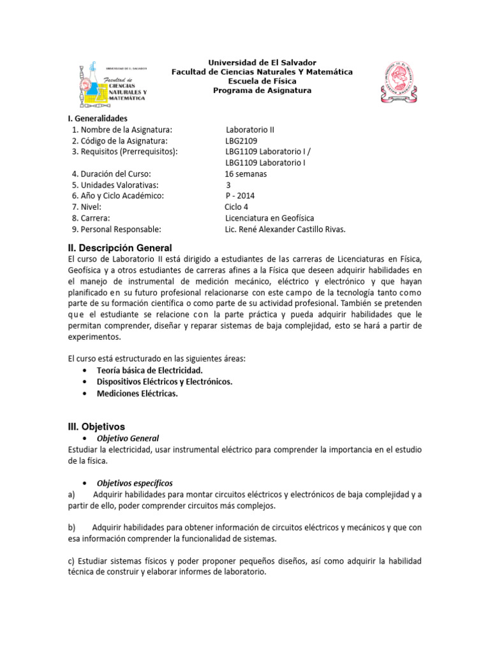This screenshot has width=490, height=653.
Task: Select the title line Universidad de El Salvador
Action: click(262, 62)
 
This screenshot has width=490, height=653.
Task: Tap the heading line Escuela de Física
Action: click(262, 81)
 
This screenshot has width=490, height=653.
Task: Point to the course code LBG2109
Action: click(241, 140)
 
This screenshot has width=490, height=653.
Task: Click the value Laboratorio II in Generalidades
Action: click(250, 129)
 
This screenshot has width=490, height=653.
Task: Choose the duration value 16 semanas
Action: click(246, 173)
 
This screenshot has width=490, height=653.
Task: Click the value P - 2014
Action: click(240, 196)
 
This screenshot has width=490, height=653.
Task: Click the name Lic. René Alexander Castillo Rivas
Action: click(285, 230)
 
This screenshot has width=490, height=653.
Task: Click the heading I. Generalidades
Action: click(98, 118)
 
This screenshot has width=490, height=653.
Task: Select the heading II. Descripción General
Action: click(120, 247)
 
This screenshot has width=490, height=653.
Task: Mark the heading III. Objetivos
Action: click(96, 426)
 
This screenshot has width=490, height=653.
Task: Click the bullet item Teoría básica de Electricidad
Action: click(149, 371)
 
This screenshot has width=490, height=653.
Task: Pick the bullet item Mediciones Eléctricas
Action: click(137, 393)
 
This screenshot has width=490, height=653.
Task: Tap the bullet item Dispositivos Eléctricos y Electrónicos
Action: click(165, 382)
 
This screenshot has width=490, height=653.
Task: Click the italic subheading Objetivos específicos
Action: click(135, 483)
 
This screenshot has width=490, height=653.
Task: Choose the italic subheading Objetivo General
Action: click(128, 439)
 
